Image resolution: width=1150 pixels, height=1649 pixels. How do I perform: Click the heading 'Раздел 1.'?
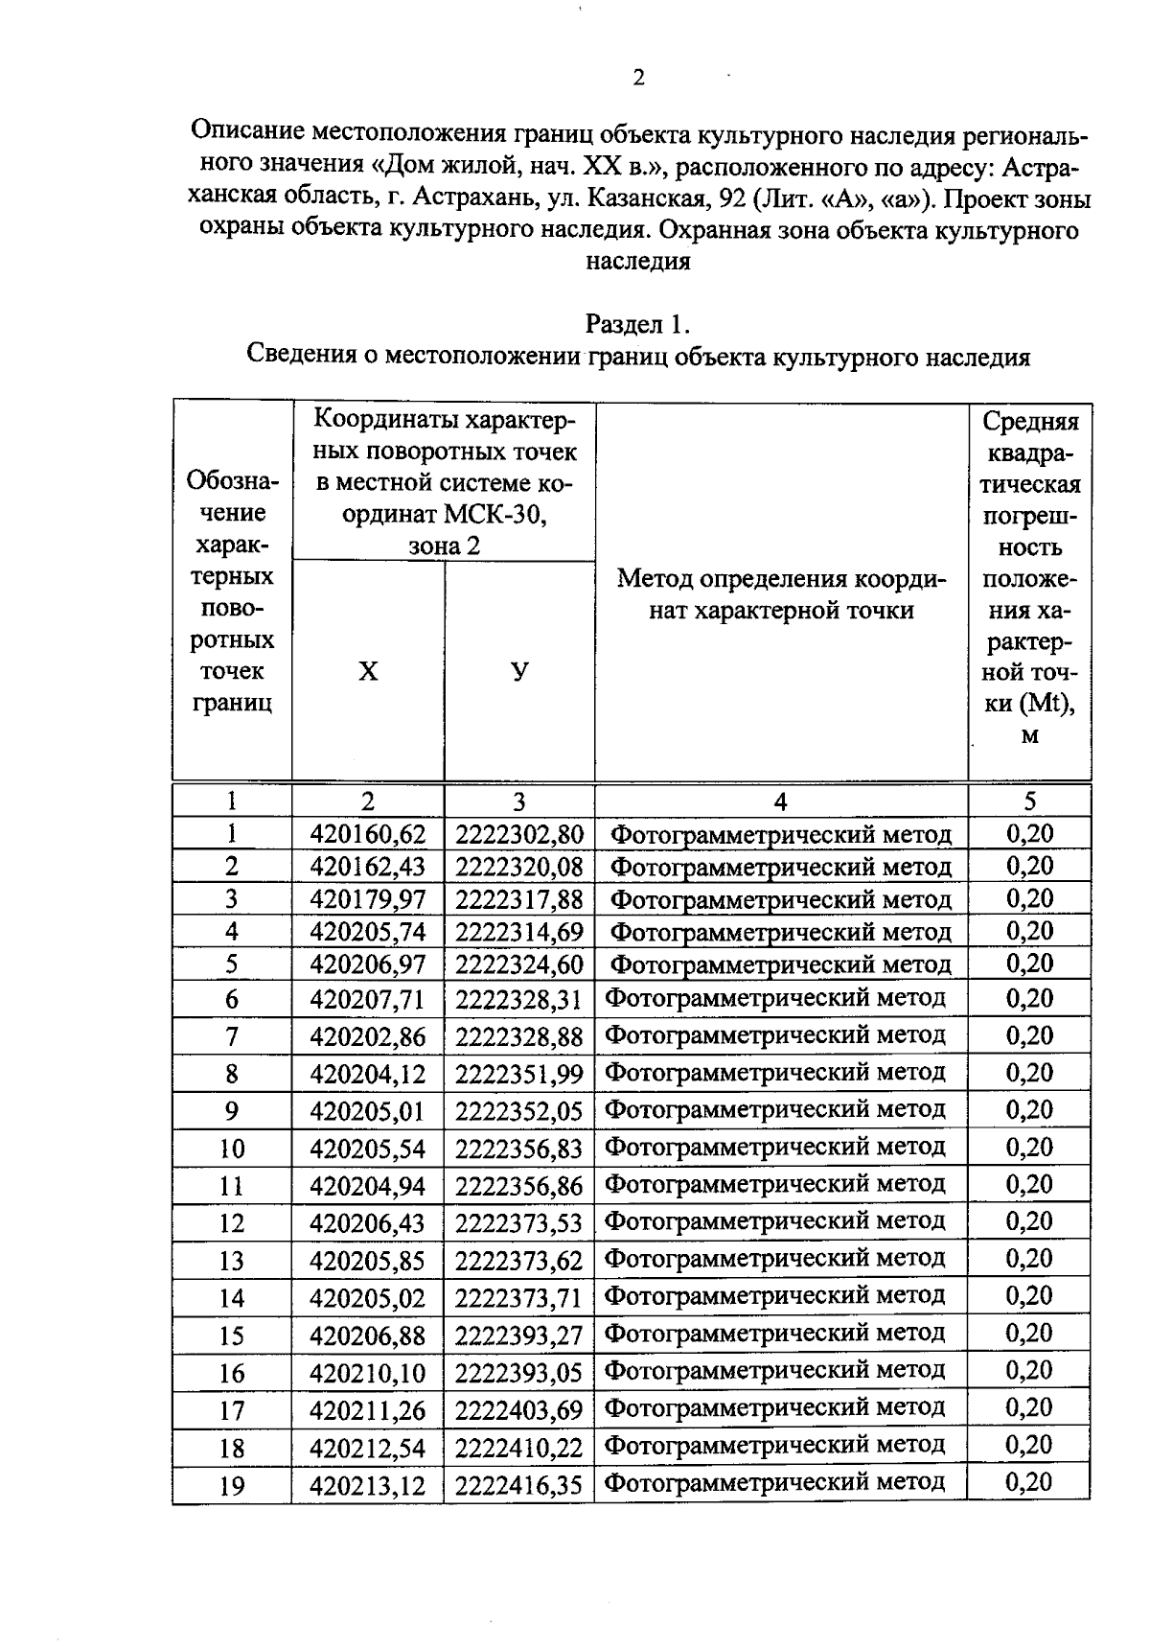point(638,325)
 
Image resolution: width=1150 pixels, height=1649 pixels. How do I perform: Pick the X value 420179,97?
point(368,899)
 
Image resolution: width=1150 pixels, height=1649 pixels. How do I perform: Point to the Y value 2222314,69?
point(518,932)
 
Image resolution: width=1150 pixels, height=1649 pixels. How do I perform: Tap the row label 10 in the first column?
point(232,1149)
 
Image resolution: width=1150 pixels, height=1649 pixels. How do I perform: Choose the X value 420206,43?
point(368,1223)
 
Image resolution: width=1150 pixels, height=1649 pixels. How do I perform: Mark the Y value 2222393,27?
point(518,1335)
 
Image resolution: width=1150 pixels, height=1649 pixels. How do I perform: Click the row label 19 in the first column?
point(232,1486)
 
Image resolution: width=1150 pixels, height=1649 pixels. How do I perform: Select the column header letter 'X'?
point(368,671)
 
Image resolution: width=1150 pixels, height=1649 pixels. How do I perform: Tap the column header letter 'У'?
point(519,671)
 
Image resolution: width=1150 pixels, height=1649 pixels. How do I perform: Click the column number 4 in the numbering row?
point(780,801)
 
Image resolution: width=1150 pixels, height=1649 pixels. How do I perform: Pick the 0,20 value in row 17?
point(1029,1407)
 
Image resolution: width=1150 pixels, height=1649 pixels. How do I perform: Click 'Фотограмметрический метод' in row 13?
point(775,1258)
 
